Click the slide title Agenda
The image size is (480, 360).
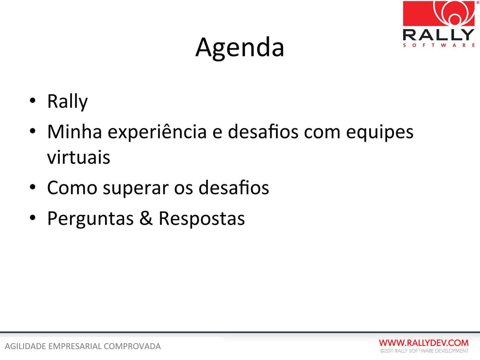(240, 48)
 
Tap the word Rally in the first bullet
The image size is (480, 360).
(67, 102)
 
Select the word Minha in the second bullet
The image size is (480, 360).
(75, 132)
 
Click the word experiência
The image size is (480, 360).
(157, 132)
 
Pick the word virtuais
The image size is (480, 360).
(79, 157)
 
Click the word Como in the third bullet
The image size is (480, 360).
(72, 188)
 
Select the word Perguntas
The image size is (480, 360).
(90, 219)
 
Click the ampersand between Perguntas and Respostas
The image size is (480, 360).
(146, 218)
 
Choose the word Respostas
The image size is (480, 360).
(202, 219)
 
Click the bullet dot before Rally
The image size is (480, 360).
(32, 101)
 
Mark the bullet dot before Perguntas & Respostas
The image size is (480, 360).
(32, 218)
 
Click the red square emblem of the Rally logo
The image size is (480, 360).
(439, 13)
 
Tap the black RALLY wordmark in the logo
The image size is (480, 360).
(439, 35)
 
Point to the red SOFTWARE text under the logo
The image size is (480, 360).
(439, 45)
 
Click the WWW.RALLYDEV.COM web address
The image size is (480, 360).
(424, 343)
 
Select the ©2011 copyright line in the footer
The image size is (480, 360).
(424, 351)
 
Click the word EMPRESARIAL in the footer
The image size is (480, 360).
(75, 347)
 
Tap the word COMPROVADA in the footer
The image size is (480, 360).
(132, 347)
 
